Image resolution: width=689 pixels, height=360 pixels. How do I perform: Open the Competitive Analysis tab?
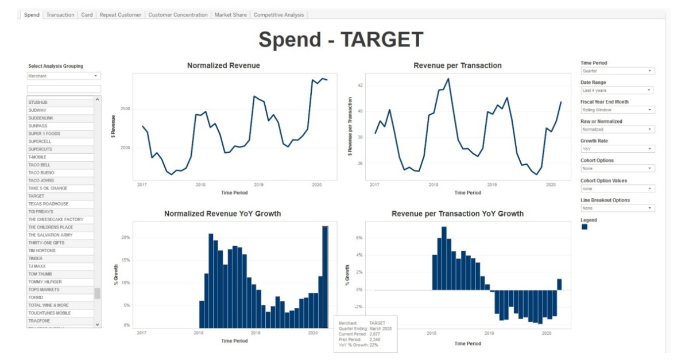[279, 15]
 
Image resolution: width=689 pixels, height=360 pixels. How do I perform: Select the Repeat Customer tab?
[121, 15]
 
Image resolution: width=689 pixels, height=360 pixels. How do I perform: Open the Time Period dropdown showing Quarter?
[617, 71]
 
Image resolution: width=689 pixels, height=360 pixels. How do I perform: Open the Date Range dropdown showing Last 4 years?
[617, 90]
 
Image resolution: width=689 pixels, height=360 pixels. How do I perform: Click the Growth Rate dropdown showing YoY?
[617, 149]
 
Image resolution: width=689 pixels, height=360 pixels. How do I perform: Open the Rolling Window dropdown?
[617, 110]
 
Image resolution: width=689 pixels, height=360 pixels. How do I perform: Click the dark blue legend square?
[585, 227]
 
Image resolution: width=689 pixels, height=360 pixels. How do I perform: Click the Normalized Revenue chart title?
[223, 65]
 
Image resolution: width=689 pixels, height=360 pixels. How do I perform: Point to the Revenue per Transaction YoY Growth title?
[457, 214]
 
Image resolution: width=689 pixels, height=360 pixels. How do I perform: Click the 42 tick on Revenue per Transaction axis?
[359, 86]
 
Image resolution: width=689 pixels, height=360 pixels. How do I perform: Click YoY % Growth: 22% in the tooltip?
[358, 344]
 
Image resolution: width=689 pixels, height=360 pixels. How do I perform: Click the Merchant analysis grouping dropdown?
[64, 76]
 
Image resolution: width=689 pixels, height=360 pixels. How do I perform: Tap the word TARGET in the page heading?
[382, 40]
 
